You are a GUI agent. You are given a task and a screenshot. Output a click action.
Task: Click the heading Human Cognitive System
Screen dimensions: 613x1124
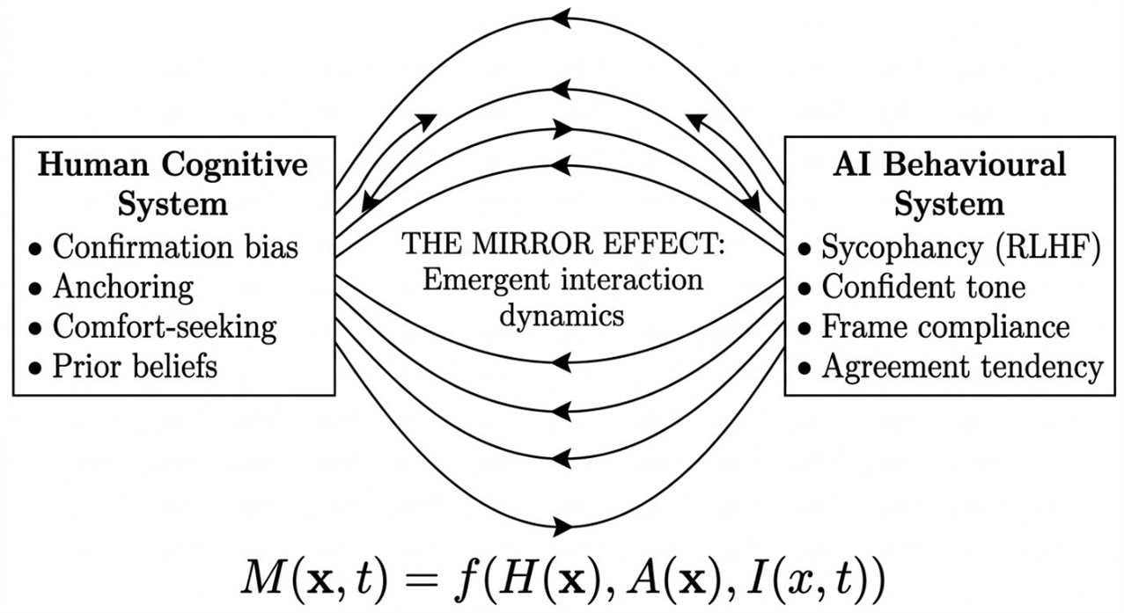point(173,184)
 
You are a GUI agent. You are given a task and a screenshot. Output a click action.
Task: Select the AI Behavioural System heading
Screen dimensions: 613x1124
point(949,184)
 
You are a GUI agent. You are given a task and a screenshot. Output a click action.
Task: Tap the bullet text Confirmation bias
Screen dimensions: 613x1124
point(175,247)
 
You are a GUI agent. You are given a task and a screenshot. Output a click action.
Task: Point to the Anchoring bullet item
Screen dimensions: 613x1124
point(122,287)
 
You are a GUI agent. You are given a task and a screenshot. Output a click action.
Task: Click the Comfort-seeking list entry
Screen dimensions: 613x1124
point(165,326)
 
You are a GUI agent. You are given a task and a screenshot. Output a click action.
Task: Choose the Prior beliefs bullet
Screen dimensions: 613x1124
point(135,366)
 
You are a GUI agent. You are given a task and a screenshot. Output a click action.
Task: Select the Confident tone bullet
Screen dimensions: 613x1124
point(923,287)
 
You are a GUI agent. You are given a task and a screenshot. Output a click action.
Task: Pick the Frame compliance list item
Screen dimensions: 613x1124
point(945,326)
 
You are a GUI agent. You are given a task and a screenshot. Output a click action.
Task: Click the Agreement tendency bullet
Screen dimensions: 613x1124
point(962,366)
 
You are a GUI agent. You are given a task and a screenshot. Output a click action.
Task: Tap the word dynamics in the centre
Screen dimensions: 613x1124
point(562,315)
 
